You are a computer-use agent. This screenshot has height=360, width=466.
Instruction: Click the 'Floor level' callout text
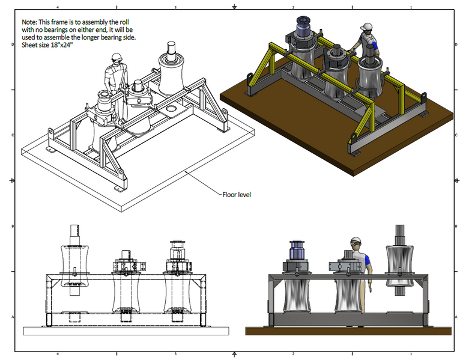[x=237, y=195]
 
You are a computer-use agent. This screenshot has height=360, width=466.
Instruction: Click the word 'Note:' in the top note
[x=29, y=22]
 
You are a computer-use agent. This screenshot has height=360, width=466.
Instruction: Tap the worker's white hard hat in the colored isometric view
[x=366, y=27]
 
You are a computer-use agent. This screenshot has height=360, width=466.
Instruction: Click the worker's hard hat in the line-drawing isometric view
[x=116, y=57]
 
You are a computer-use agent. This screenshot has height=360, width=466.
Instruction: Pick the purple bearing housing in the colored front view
[x=297, y=250]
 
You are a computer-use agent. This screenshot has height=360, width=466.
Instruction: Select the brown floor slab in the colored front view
[x=348, y=331]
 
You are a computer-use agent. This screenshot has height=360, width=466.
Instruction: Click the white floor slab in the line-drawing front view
[x=126, y=331]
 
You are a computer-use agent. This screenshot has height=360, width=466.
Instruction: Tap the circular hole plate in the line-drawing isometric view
[x=172, y=110]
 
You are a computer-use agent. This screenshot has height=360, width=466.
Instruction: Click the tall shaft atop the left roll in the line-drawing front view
[x=74, y=235]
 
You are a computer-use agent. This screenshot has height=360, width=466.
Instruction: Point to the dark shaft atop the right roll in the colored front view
[x=400, y=234]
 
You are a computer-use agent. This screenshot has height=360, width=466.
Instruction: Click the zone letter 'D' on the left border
[x=13, y=44]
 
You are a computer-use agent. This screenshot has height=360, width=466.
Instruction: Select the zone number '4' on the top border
[x=58, y=7]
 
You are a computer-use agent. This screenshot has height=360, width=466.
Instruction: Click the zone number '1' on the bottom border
[x=411, y=354]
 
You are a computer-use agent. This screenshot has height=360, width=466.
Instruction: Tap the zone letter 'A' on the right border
[x=456, y=317]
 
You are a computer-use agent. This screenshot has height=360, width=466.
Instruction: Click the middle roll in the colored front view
[x=347, y=296]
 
